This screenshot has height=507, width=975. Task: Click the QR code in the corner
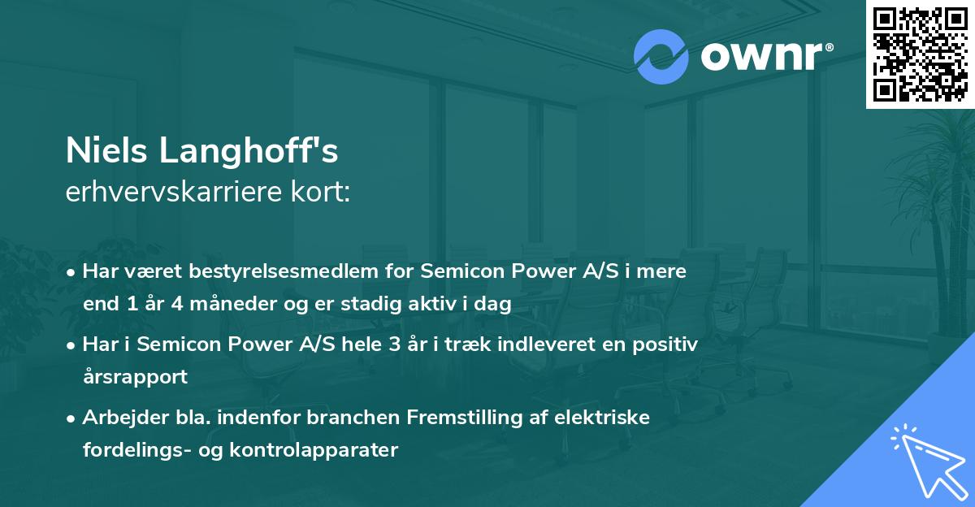point(920,54)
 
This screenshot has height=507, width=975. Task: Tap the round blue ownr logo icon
point(661,55)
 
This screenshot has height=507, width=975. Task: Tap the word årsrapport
point(135,376)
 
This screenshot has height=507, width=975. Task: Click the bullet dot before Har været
point(73,271)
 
